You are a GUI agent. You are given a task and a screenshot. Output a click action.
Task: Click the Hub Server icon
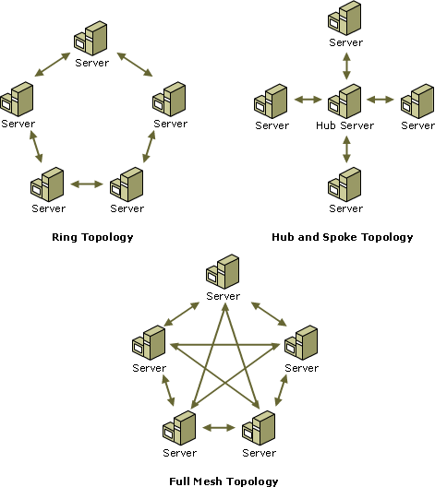[344, 101]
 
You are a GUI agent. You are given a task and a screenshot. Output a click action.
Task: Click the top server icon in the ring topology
[91, 38]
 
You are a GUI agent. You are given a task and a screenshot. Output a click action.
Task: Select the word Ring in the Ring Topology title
[65, 238]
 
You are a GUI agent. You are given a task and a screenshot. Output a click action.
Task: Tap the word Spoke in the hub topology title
[340, 237]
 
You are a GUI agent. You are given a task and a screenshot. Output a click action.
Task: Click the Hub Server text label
[344, 125]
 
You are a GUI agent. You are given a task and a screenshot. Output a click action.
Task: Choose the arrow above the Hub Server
[346, 65]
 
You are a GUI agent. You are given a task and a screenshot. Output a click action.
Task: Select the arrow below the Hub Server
[346, 149]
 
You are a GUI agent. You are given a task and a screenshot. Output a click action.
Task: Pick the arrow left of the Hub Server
[308, 100]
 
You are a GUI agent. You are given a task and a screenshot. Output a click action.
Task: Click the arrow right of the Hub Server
[380, 100]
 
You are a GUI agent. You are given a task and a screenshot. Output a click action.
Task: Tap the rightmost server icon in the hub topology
[417, 101]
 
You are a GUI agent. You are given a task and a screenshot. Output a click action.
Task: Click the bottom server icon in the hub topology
[344, 184]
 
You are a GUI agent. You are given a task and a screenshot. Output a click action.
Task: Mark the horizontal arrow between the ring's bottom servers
[87, 184]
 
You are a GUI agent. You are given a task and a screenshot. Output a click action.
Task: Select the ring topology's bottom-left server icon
[47, 184]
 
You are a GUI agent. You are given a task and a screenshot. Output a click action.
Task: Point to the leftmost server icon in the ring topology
[17, 100]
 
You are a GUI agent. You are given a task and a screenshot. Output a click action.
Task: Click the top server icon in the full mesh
[223, 272]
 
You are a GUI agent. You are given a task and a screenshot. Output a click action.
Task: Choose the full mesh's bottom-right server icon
[259, 428]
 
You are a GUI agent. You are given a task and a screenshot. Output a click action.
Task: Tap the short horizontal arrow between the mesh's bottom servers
[219, 428]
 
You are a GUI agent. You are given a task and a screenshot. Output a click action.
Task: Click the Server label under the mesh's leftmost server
[150, 368]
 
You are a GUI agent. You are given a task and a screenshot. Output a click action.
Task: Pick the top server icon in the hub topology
[344, 18]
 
